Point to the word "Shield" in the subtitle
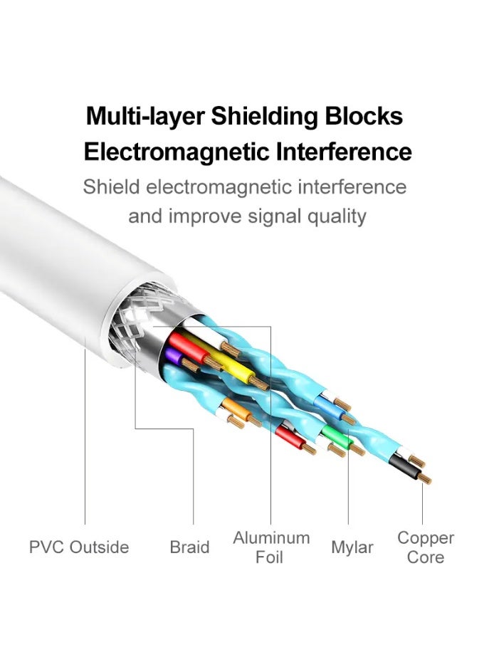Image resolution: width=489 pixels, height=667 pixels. point(111,187)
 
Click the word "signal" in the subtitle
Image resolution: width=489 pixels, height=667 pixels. point(270,216)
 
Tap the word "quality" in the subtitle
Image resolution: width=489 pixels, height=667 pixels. point(335,216)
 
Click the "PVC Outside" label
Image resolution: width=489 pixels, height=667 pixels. point(79,547)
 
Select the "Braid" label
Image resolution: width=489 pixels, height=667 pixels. point(189,547)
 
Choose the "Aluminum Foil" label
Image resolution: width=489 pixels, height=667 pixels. point(271,547)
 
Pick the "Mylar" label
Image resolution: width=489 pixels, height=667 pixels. point(352,547)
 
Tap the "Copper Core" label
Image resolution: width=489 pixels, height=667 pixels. point(426,547)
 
